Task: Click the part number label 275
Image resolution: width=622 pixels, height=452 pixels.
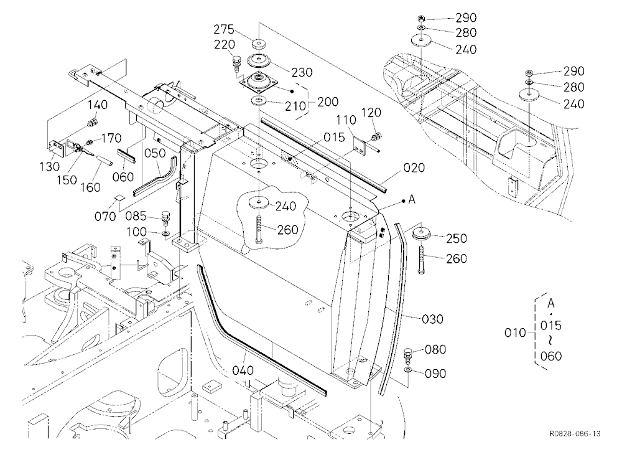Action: pos(224,29)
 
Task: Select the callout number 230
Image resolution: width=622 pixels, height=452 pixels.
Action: pos(302,72)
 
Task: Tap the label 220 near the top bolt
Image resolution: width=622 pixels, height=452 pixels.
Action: pos(225,44)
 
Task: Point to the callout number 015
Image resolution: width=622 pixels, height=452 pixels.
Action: pos(334,137)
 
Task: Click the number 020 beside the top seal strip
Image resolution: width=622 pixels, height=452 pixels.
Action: pos(414,167)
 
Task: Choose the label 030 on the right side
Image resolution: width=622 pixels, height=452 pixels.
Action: pos(433,319)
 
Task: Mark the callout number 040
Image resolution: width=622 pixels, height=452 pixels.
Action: pos(243,370)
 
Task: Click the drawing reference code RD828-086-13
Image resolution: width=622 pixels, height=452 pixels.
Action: pos(575,433)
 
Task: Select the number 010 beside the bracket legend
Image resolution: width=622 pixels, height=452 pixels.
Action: pos(515,332)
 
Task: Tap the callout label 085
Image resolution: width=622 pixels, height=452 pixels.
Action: pos(136,217)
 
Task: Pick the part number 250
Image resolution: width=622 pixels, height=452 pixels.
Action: pos(457,238)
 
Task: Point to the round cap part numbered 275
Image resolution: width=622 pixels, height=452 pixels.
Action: pos(259,43)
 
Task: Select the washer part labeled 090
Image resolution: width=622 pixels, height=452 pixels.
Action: pos(408,370)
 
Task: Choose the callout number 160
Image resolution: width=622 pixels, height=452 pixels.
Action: pos(90,187)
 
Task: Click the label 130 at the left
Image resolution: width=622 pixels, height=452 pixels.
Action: pos(50,166)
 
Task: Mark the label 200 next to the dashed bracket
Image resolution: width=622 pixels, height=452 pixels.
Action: pos(328,101)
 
